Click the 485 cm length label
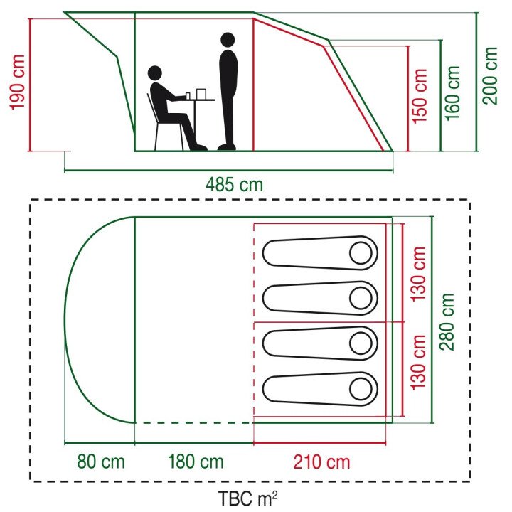click(234, 185)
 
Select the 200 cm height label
click(491, 75)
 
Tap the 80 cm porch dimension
click(101, 462)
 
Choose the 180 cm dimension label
click(196, 462)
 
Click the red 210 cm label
click(322, 462)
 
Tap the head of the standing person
click(228, 40)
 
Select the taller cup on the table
click(201, 93)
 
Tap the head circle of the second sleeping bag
click(362, 298)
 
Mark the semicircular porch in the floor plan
click(100, 320)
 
